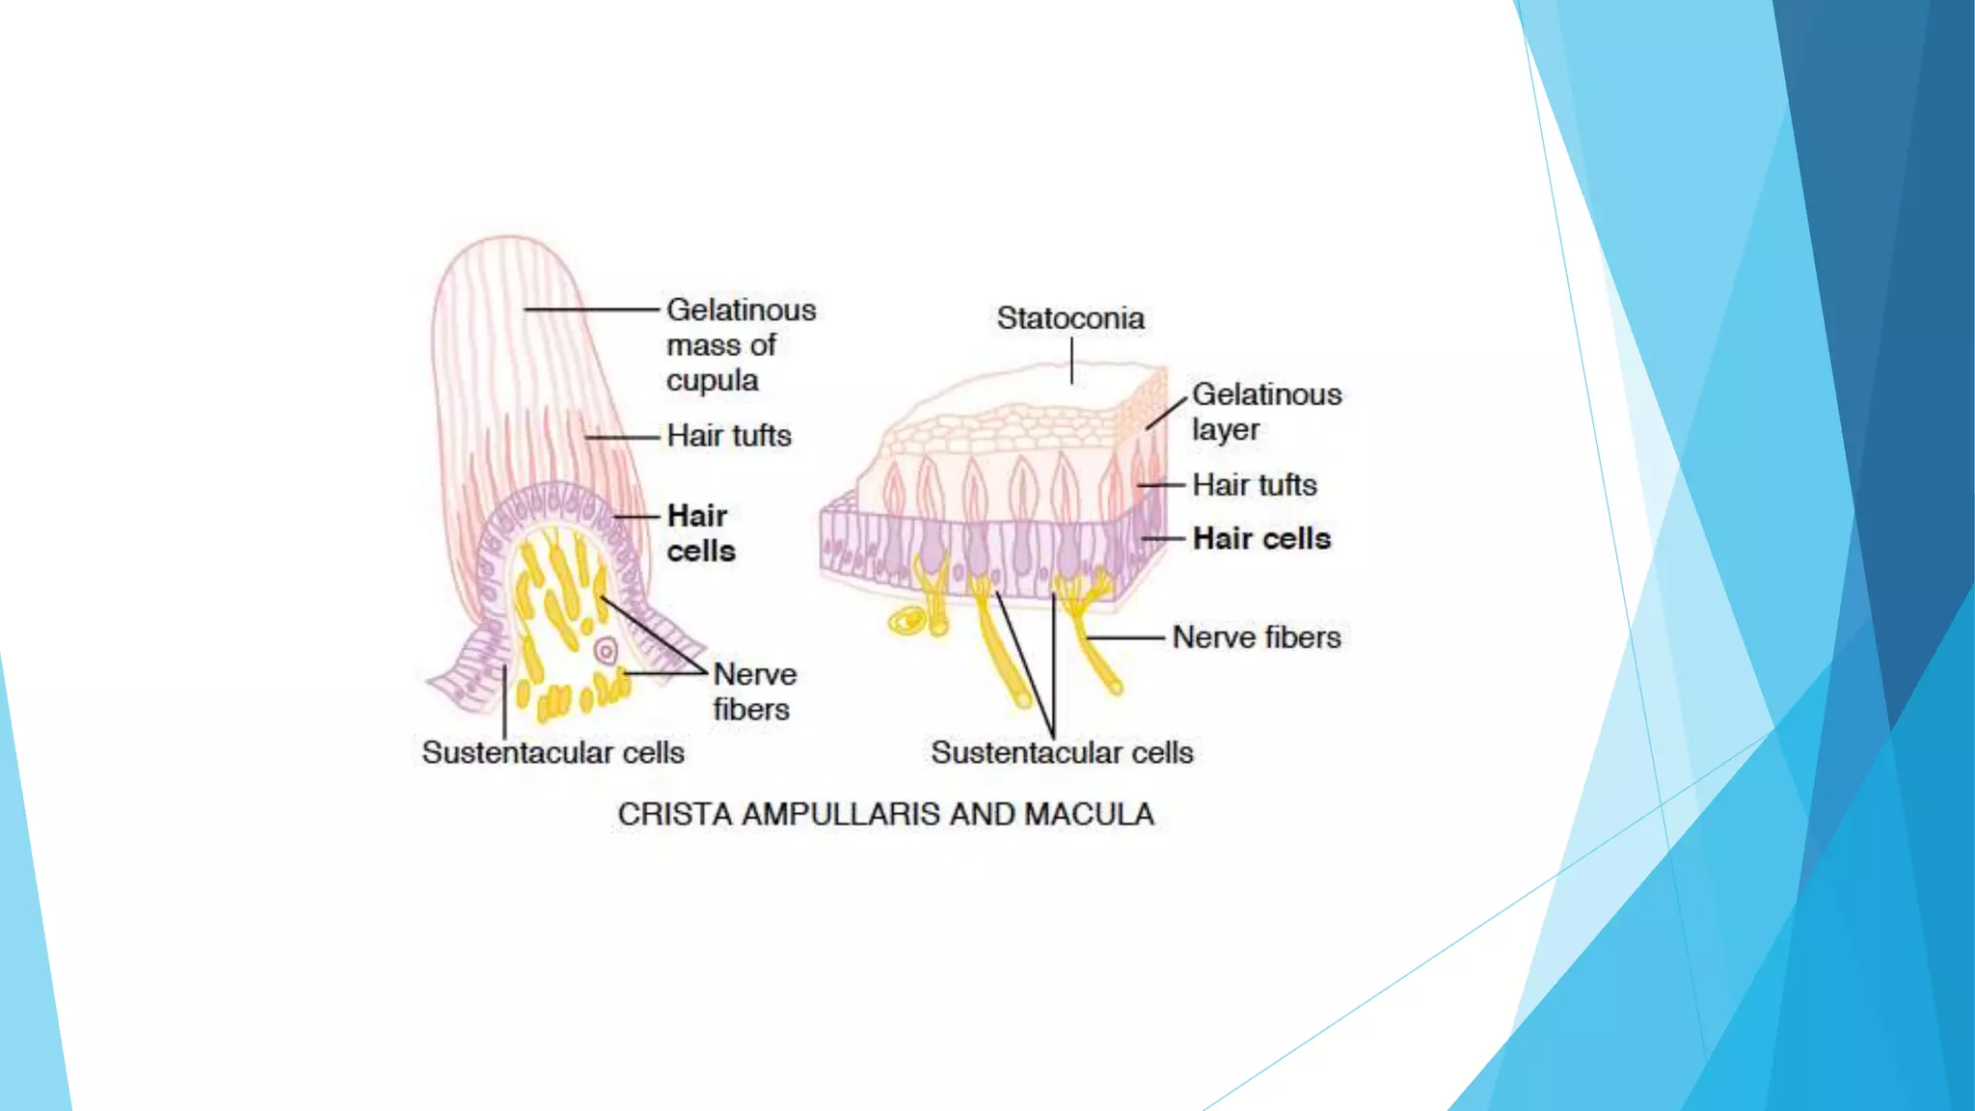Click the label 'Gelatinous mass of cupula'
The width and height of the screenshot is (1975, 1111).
point(740,344)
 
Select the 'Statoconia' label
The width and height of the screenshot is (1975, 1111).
point(1070,318)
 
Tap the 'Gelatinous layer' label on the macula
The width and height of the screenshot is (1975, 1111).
point(1265,411)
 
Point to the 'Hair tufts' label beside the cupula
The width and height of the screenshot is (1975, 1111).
point(728,436)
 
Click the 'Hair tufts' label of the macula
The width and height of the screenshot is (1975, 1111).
point(1254,485)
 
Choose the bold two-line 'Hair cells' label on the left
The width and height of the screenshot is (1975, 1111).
point(700,533)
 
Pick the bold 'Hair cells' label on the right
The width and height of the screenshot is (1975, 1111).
point(1261,538)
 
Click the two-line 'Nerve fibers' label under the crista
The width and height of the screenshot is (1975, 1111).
point(754,691)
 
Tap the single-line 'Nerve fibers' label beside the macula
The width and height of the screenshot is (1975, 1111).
point(1256,637)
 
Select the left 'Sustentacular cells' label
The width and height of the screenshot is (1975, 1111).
point(553,753)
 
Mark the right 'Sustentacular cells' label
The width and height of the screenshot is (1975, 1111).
point(1062,753)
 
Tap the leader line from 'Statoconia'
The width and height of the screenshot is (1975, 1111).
point(1071,361)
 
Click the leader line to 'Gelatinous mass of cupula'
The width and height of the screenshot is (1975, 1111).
point(590,310)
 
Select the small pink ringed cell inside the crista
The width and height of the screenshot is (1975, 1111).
point(606,651)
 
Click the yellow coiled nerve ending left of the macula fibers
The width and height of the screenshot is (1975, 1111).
point(906,622)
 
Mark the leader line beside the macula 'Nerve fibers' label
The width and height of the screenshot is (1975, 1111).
point(1126,637)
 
